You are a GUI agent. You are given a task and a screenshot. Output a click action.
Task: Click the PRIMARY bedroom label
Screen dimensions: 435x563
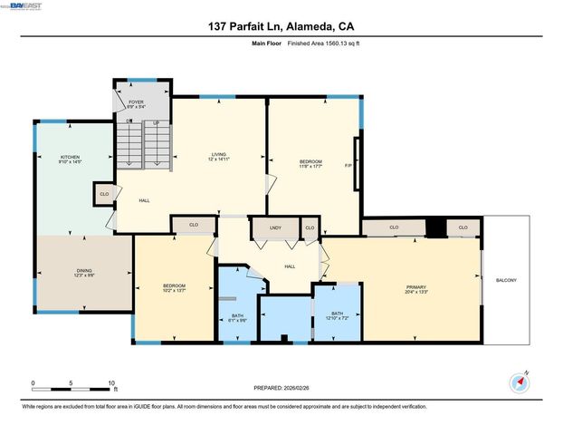[x=415, y=287]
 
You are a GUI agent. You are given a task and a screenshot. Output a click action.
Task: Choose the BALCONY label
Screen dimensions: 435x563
[x=507, y=280]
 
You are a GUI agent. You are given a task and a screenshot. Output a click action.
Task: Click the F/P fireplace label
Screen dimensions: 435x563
[x=348, y=165]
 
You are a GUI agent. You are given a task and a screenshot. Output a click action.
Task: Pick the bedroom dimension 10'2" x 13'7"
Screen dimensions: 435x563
[x=174, y=290]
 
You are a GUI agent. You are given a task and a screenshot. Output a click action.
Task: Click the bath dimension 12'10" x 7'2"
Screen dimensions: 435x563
[x=336, y=294]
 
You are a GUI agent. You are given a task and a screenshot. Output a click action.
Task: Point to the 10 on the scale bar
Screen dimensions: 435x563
[x=111, y=382]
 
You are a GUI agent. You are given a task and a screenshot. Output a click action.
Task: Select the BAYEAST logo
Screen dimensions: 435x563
[x=28, y=6]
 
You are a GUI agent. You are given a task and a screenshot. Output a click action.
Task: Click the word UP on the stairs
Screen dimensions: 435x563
[x=156, y=122]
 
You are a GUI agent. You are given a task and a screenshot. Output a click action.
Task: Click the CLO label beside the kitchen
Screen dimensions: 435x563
[x=104, y=193]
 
